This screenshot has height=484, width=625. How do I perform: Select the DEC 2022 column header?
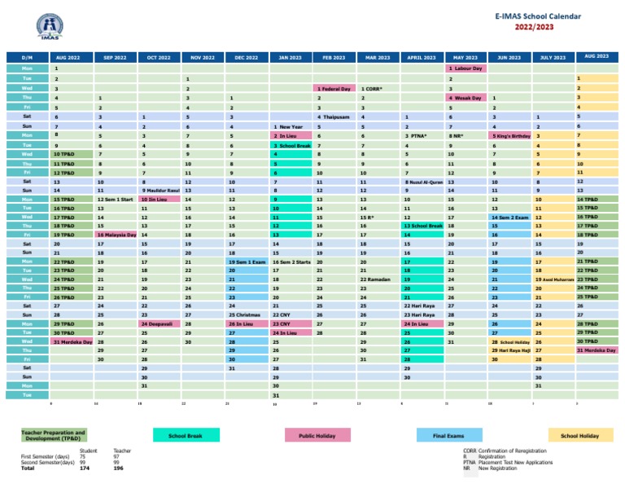coord(246,58)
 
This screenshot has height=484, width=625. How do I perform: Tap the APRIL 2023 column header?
coord(422,58)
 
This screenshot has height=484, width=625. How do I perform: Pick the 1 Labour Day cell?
coord(465,69)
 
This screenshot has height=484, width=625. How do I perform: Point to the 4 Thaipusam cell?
coord(333,117)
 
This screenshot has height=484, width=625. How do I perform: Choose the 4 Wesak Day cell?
coord(465,98)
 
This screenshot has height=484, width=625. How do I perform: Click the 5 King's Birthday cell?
coord(509,135)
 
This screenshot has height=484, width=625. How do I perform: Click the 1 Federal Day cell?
coord(333,88)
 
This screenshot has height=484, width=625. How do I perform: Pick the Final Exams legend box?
coord(449,437)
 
